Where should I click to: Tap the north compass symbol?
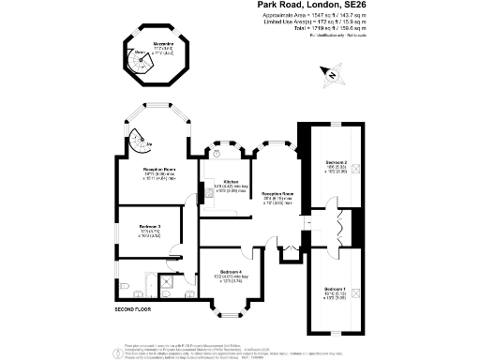click(x=330, y=72)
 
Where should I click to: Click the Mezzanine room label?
click(x=156, y=45)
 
